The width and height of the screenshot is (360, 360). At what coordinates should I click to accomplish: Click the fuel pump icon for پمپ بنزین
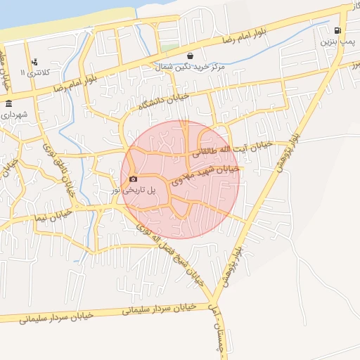tap(338, 31)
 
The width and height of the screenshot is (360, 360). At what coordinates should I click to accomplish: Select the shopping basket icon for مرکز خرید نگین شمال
tap(190, 56)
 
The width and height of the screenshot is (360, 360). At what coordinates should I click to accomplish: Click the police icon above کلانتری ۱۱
tap(34, 62)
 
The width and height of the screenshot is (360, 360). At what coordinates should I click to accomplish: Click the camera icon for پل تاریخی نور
tap(134, 179)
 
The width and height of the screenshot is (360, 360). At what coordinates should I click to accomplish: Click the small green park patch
tap(169, 47)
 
